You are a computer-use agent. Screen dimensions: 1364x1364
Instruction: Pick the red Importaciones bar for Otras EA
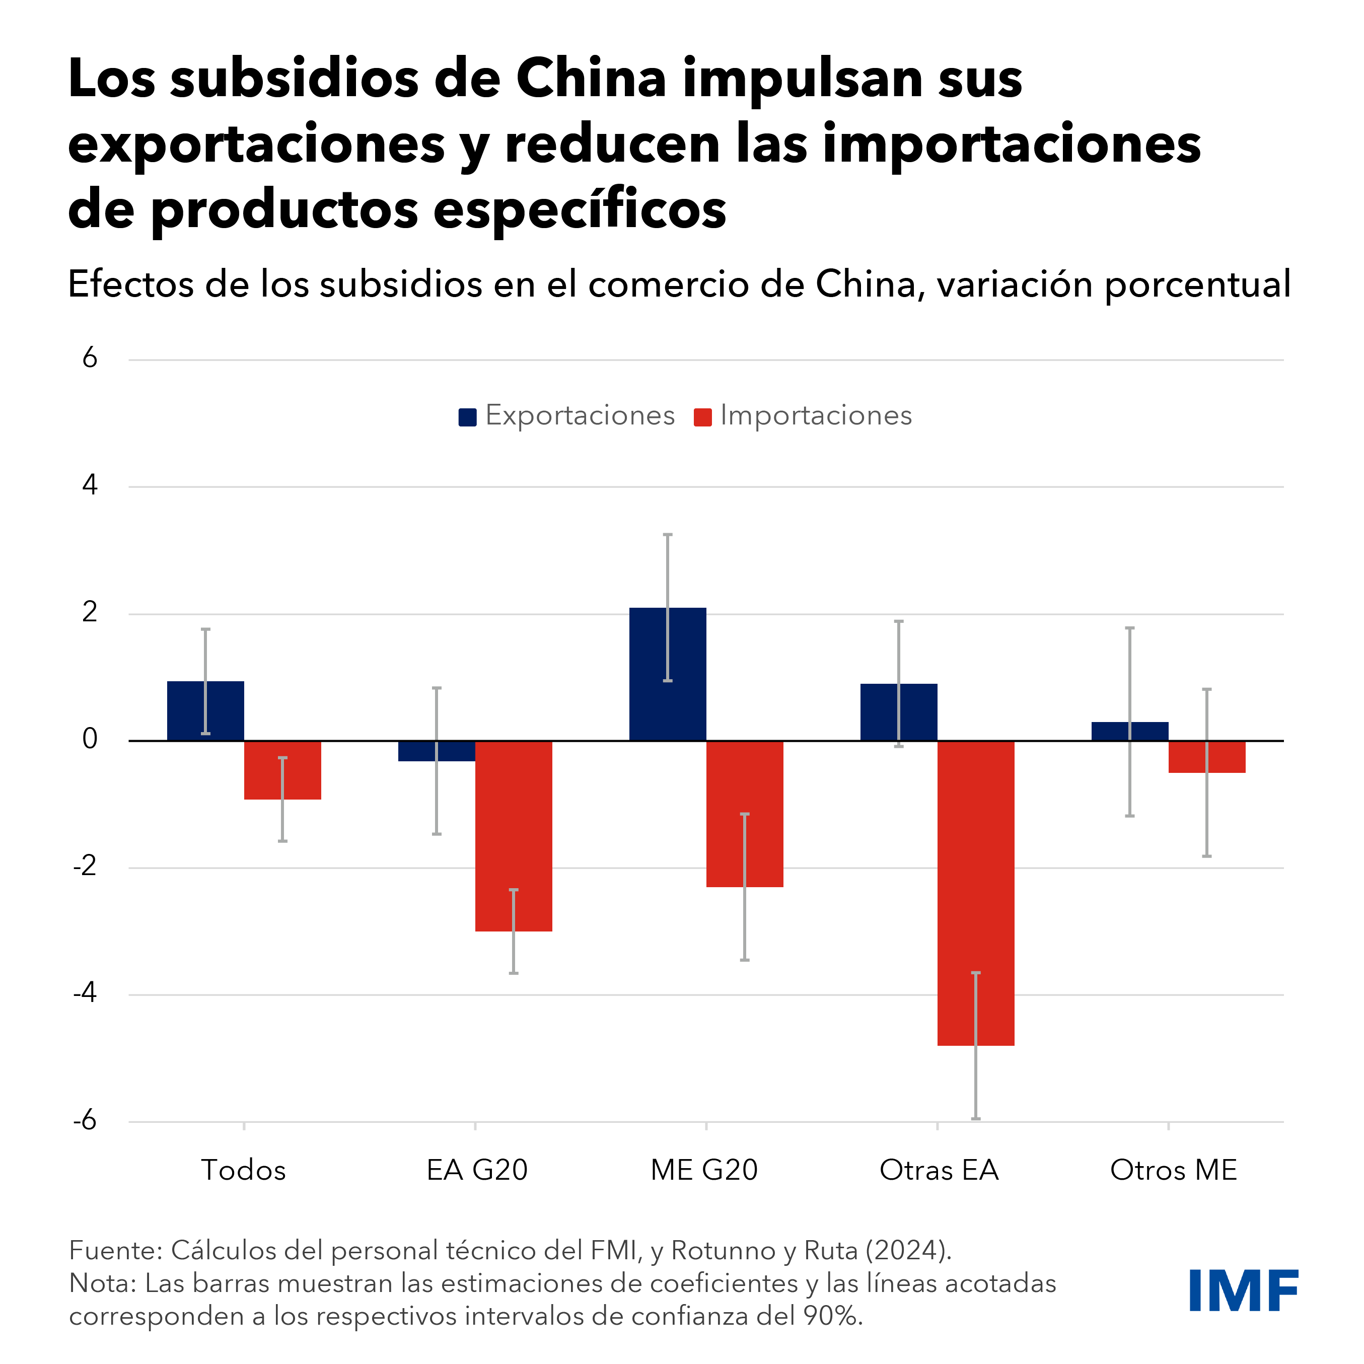(976, 893)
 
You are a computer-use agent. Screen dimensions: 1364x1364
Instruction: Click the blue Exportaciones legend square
(467, 417)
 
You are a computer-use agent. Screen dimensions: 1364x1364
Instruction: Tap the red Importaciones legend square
(702, 417)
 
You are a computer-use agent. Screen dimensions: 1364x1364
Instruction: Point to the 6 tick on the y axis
(90, 358)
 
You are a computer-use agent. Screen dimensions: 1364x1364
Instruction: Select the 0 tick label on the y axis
(90, 739)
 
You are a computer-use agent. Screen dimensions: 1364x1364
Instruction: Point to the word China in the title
(592, 79)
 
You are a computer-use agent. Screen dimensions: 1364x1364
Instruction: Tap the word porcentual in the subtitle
(1197, 284)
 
